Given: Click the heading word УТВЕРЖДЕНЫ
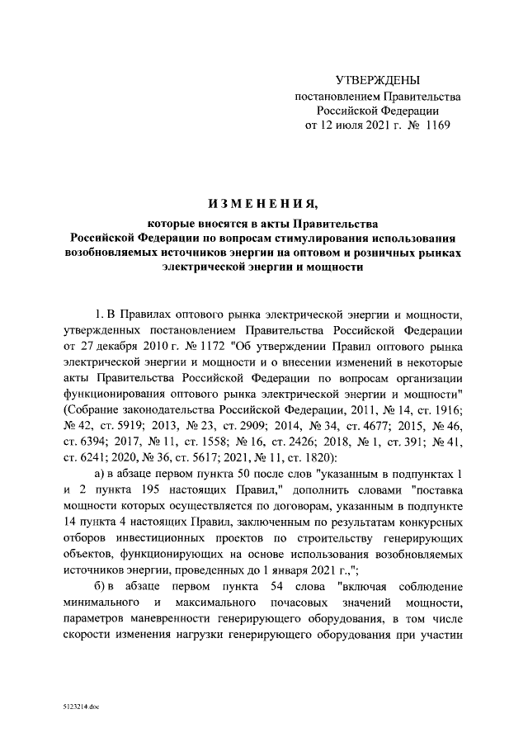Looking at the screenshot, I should click(x=378, y=80).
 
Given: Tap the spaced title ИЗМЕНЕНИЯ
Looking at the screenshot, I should click(x=263, y=202).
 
